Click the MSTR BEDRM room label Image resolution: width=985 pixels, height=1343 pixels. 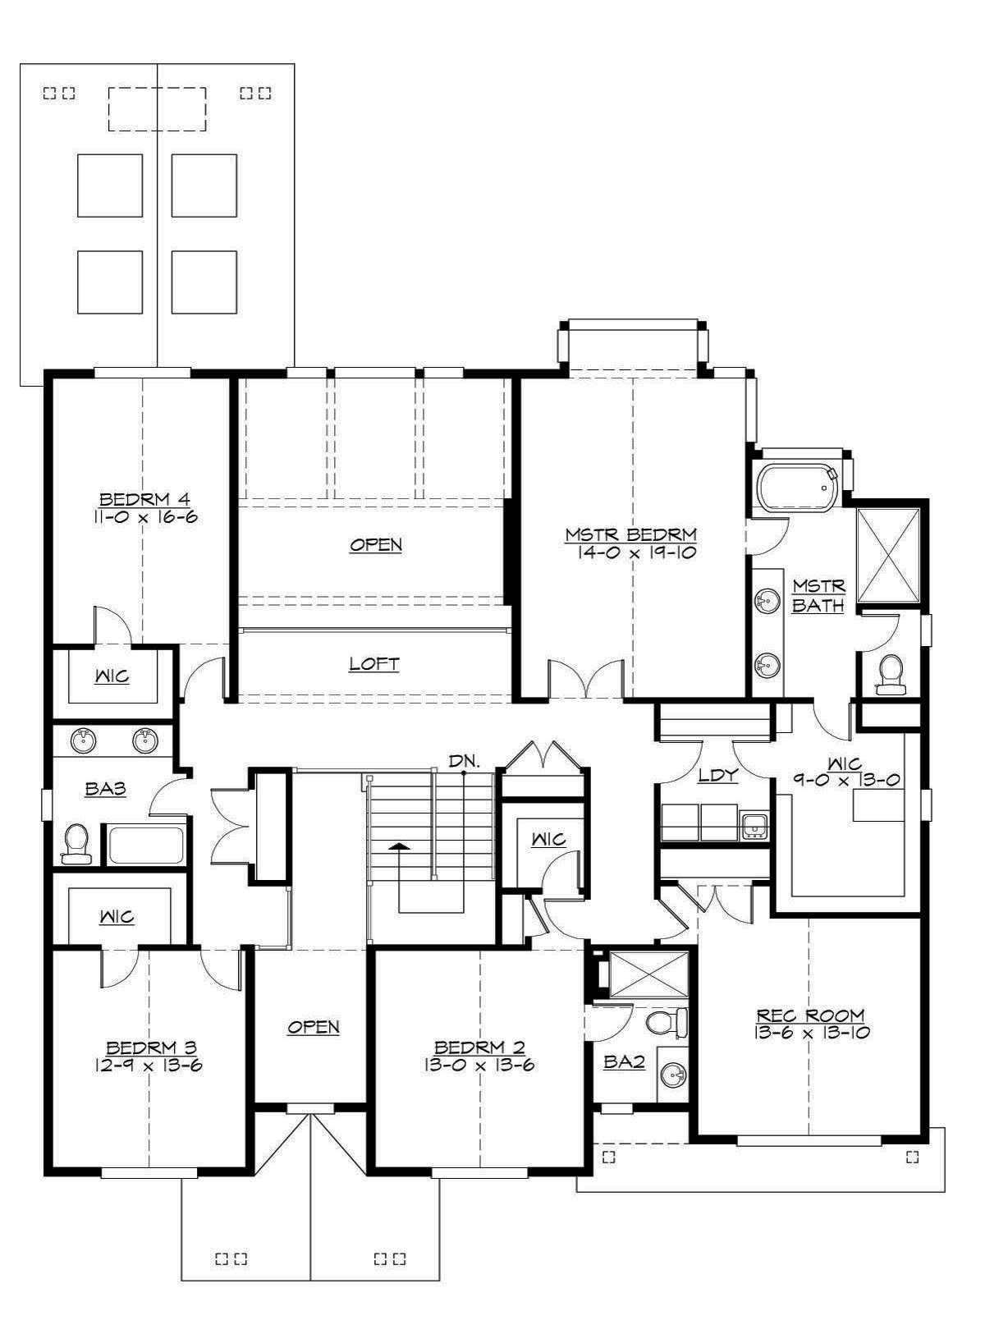tap(630, 534)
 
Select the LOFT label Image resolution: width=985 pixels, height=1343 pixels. tap(374, 663)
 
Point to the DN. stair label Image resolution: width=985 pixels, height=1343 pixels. tap(464, 761)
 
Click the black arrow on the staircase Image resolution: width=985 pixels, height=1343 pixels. tap(399, 845)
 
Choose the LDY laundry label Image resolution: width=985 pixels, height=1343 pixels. tap(717, 774)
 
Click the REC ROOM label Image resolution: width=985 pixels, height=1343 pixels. tap(810, 1015)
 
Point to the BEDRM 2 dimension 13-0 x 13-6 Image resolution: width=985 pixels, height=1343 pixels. tap(479, 1066)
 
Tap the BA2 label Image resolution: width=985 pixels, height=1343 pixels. tap(624, 1061)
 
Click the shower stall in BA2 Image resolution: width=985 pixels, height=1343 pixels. tap(648, 974)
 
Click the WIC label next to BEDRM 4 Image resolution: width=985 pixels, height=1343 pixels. tap(112, 676)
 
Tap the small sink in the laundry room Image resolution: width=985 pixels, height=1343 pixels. tap(754, 825)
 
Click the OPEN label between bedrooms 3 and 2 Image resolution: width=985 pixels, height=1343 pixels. tap(314, 1026)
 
